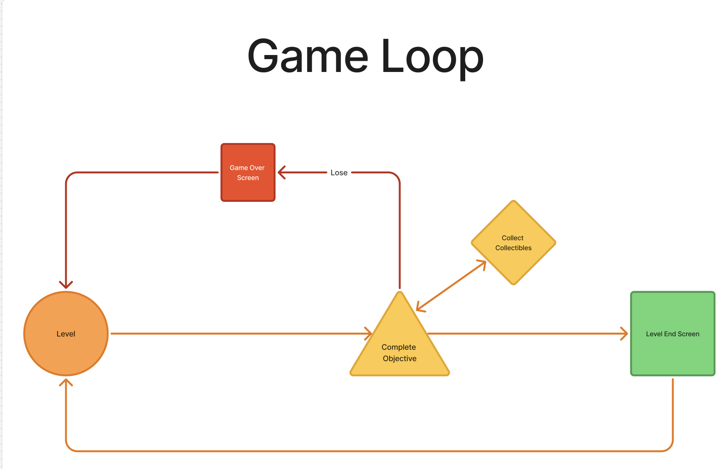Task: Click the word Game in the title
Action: [x=308, y=56]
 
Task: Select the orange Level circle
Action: [x=66, y=334]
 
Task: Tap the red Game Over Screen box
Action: [x=248, y=172]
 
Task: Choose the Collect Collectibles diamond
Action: [x=514, y=243]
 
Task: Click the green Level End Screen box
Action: [x=673, y=334]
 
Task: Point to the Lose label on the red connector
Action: [x=339, y=173]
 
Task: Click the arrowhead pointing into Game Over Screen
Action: [x=281, y=172]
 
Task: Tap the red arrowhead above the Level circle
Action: [x=66, y=285]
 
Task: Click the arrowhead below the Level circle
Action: [x=66, y=382]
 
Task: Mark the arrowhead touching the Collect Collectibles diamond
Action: [x=482, y=264]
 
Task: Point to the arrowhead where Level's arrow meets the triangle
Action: [x=368, y=334]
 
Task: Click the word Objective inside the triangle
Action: [x=399, y=359]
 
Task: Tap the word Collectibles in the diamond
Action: [x=514, y=248]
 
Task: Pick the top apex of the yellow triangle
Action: [x=400, y=292]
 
